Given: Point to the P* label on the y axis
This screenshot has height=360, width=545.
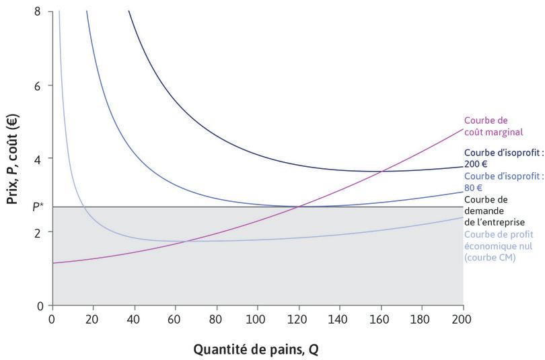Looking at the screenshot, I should (39, 207).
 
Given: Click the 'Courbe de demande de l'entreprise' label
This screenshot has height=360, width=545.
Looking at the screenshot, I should (495, 210).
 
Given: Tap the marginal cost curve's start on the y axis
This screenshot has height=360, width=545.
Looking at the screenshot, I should (52, 263).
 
